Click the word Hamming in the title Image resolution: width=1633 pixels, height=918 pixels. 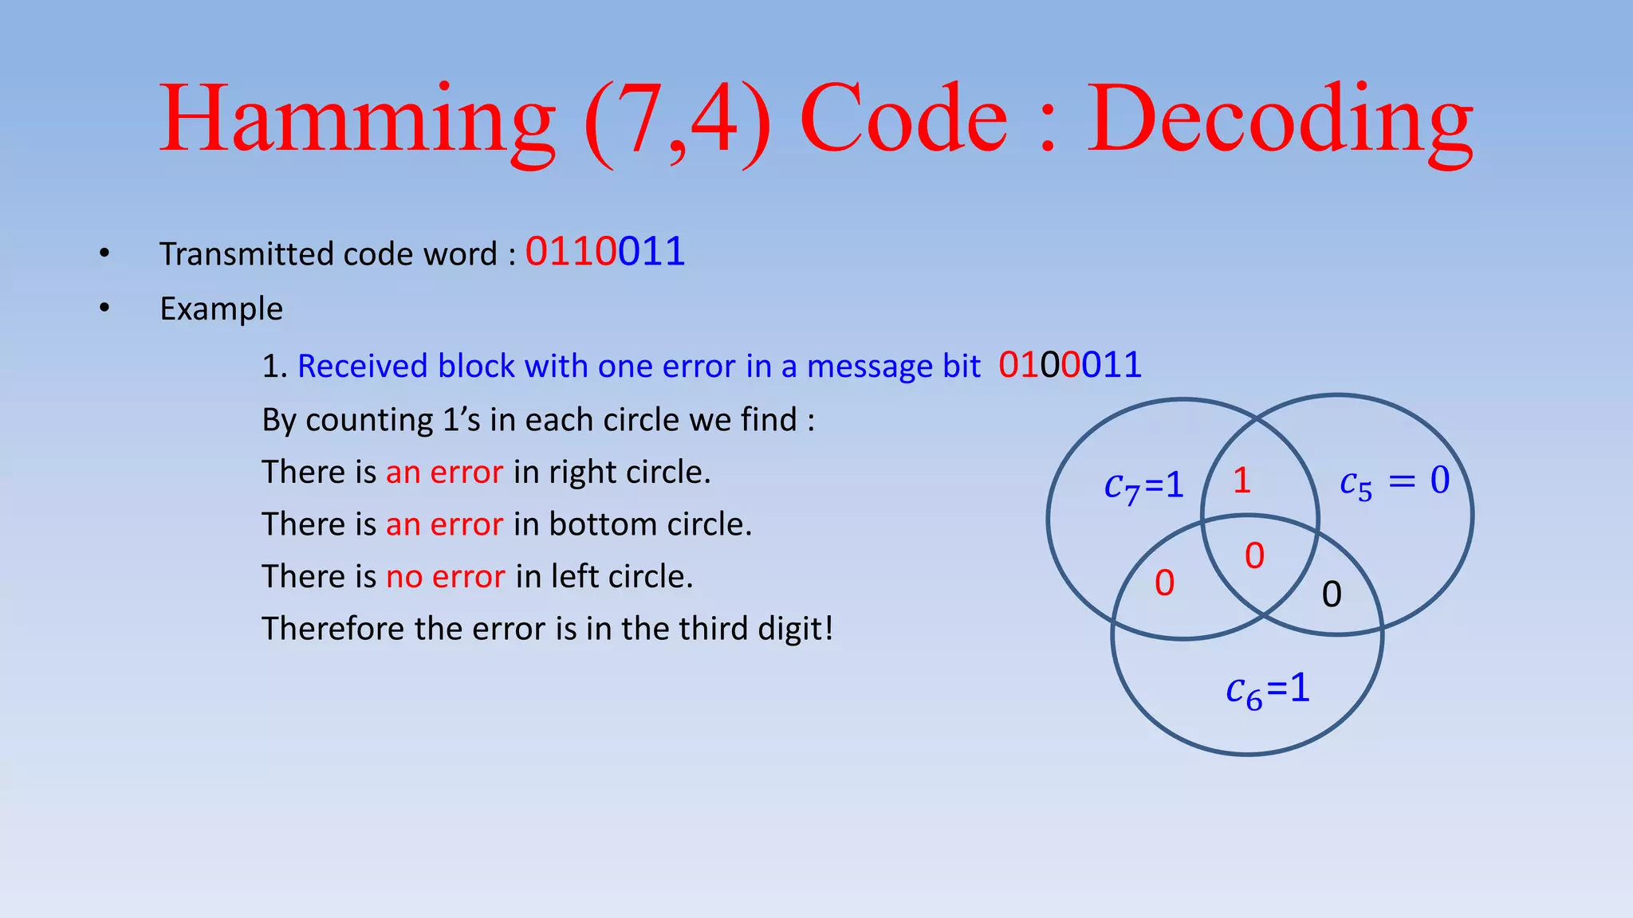click(x=357, y=120)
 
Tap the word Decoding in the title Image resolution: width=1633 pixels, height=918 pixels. click(x=1281, y=120)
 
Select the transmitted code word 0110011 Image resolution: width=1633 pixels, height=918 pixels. click(x=605, y=252)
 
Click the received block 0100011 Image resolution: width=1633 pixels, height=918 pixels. click(x=1070, y=365)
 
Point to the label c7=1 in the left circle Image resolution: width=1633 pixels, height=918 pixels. click(x=1143, y=485)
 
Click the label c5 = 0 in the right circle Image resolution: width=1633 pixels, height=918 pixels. click(x=1395, y=481)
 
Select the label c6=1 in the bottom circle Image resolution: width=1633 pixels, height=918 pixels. click(x=1268, y=688)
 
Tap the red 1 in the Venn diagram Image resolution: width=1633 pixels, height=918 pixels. click(x=1241, y=480)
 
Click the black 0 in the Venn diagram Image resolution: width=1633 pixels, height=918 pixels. click(x=1332, y=594)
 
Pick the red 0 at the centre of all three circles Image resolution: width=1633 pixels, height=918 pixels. click(x=1254, y=555)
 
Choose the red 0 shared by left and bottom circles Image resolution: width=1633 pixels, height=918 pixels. click(x=1164, y=583)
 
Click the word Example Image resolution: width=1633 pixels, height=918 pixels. click(x=221, y=308)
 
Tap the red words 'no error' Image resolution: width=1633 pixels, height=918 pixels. click(x=445, y=576)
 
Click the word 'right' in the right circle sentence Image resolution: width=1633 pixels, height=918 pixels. click(x=582, y=472)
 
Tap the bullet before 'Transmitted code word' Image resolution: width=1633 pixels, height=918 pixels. click(x=104, y=253)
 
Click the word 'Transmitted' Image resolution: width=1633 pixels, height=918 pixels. click(x=246, y=254)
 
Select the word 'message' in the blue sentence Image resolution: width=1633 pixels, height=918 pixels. click(x=869, y=367)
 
